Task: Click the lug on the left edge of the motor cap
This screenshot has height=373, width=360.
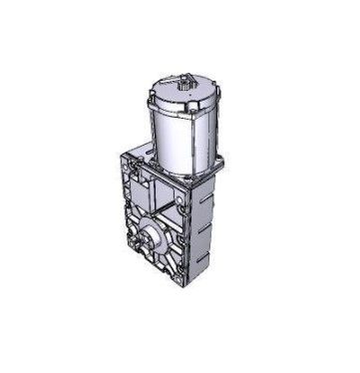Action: tap(149, 97)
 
